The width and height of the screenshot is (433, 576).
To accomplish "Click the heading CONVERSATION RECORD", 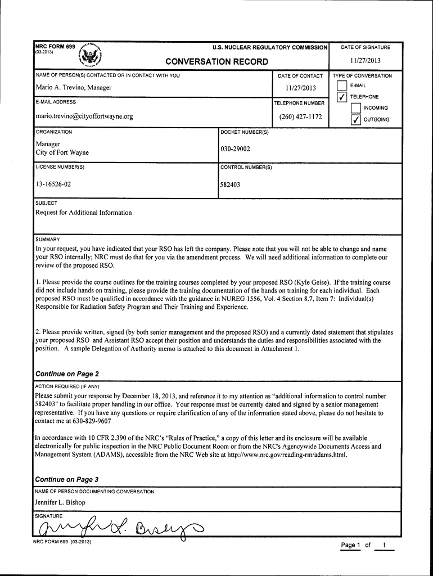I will pos(216,61).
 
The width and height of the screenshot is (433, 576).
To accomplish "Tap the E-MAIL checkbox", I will pos(341,86).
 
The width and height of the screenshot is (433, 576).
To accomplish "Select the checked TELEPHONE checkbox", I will pos(340,98).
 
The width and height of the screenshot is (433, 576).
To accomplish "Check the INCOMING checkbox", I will pos(355,108).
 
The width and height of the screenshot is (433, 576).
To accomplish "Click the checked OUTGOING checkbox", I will pos(355,120).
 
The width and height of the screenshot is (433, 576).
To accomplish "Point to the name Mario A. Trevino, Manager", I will pos(74,88).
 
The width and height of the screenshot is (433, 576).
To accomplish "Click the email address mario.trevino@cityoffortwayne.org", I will pos(84,117).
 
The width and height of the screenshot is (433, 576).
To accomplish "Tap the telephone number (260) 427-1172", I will pos(301,117).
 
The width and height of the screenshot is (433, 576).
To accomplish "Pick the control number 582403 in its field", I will pos(231,184).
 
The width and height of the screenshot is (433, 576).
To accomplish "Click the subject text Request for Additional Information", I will pos(84,213).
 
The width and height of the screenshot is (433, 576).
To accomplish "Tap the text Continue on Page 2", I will pos(67,374).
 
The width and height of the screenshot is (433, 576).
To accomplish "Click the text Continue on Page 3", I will pos(67,479).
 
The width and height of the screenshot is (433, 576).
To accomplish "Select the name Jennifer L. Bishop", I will pos(60,502).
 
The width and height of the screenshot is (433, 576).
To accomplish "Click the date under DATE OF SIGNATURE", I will pos(365,61).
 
